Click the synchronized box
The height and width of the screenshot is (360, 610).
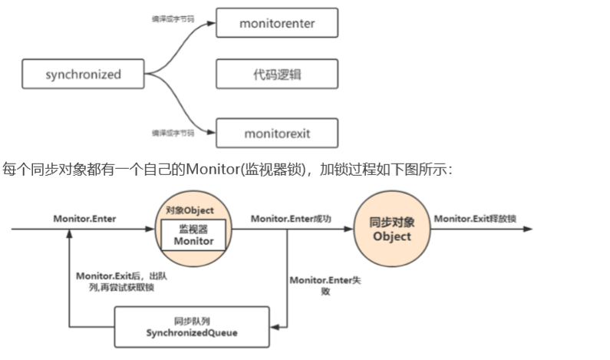(x=84, y=75)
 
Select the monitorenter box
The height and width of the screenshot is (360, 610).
(x=277, y=23)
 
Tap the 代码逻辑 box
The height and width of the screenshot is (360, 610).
(x=277, y=75)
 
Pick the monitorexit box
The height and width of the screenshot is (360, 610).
(x=277, y=133)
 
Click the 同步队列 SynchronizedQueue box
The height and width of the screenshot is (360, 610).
(x=192, y=327)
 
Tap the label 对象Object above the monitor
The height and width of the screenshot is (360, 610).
(x=190, y=210)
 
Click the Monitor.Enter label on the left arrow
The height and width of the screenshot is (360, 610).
(x=84, y=219)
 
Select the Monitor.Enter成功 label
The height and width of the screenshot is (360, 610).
(x=292, y=219)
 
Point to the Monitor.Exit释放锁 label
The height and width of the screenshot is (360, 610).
(x=475, y=219)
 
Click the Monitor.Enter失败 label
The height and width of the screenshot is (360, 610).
(x=325, y=286)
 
